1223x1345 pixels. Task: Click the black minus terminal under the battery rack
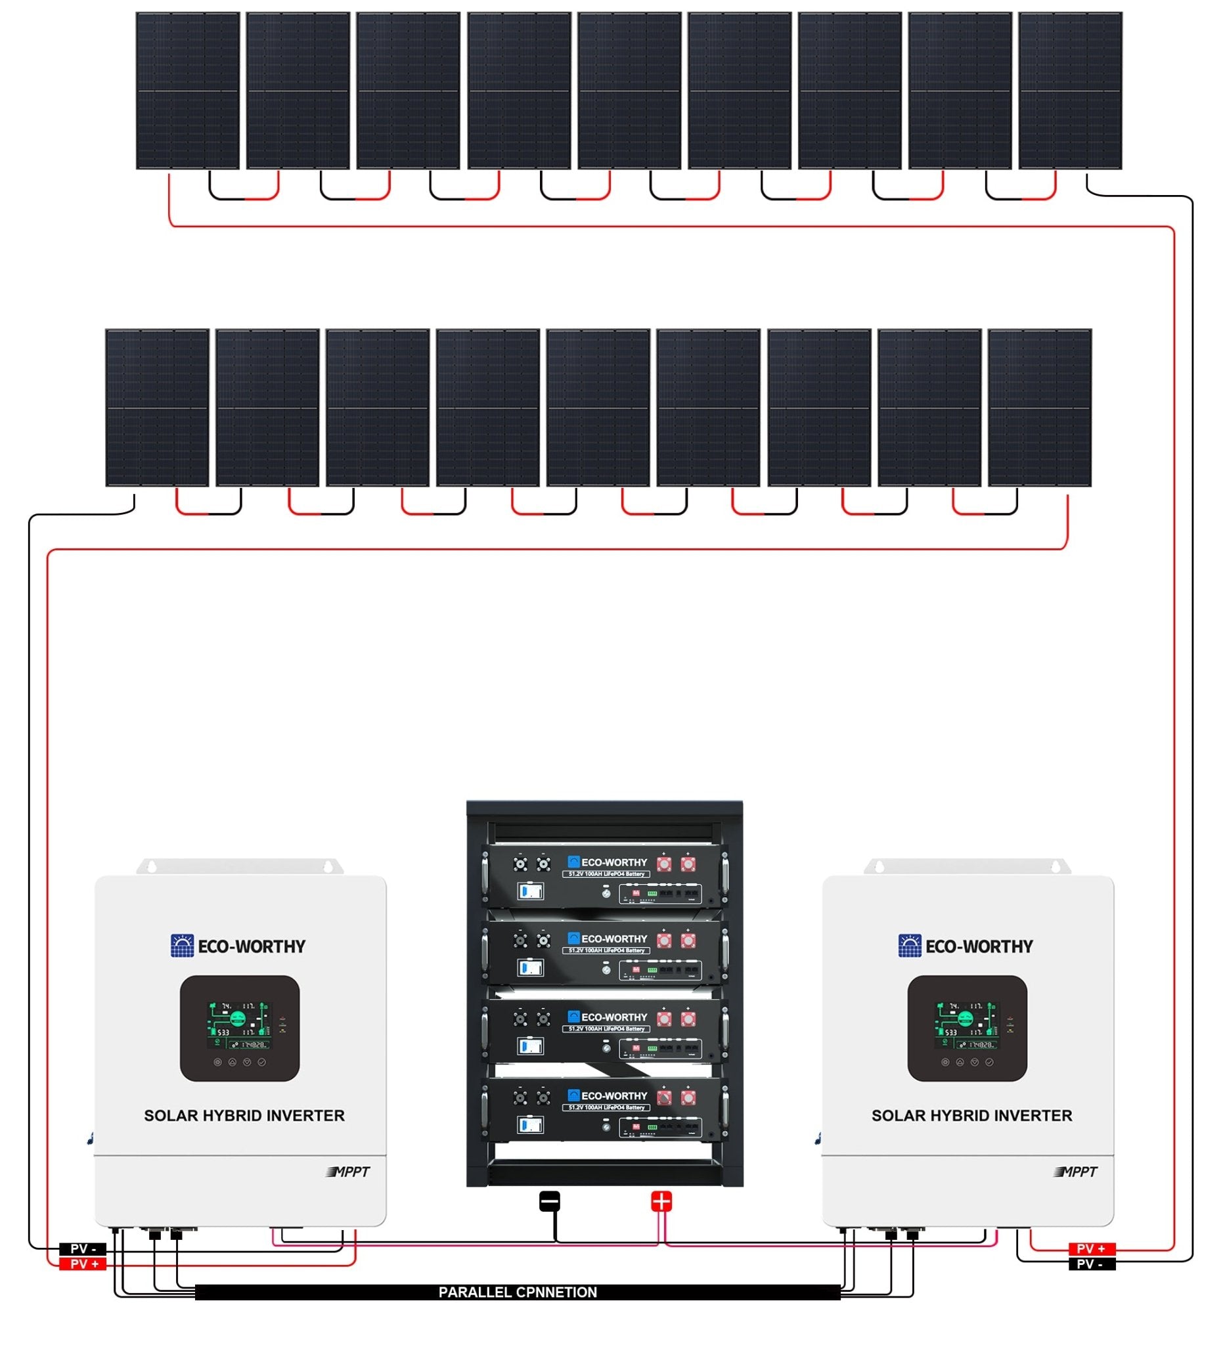pyautogui.click(x=549, y=1202)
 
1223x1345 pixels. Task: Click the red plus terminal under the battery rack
pyautogui.click(x=661, y=1202)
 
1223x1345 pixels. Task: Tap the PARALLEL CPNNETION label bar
pyautogui.click(x=517, y=1292)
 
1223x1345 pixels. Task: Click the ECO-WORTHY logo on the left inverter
pyautogui.click(x=238, y=946)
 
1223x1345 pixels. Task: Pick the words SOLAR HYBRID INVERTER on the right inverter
pyautogui.click(x=971, y=1116)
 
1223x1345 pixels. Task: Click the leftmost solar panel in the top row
pyautogui.click(x=187, y=91)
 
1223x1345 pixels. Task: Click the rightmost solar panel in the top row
pyautogui.click(x=1069, y=91)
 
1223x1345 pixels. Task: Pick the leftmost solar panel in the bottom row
pyautogui.click(x=157, y=408)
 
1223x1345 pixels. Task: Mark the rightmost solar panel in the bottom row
pyautogui.click(x=1039, y=408)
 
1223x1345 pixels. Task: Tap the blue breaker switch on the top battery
pyautogui.click(x=530, y=891)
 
